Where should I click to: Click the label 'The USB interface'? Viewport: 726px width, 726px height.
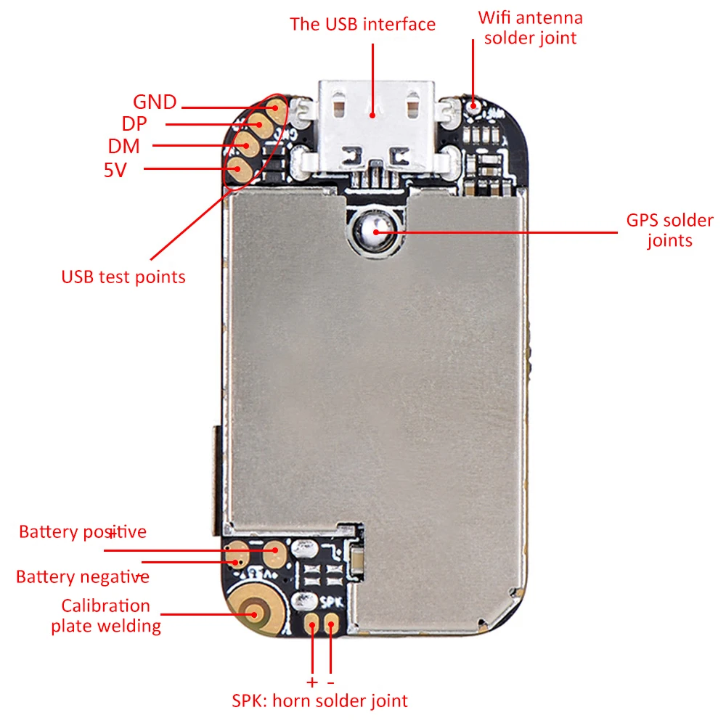tap(363, 24)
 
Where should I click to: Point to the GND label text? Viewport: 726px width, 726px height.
tap(155, 102)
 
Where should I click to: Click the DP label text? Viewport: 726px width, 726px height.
tap(134, 123)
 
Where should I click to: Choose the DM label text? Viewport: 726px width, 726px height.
tap(124, 146)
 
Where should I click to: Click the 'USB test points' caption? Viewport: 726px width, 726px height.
tap(123, 277)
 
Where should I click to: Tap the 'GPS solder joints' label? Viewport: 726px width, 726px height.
tap(669, 229)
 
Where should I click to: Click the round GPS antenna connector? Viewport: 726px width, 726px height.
tap(373, 233)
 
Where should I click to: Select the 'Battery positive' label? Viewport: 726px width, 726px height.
tap(82, 532)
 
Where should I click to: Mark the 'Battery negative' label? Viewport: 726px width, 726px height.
tap(82, 577)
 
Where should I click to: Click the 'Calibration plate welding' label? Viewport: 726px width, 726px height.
tap(106, 616)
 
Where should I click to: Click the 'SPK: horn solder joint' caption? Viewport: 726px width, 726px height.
tap(320, 701)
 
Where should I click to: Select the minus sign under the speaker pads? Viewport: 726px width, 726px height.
tap(331, 683)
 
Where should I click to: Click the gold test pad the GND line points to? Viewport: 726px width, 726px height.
tap(275, 109)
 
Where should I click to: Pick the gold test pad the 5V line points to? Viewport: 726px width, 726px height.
tap(237, 170)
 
